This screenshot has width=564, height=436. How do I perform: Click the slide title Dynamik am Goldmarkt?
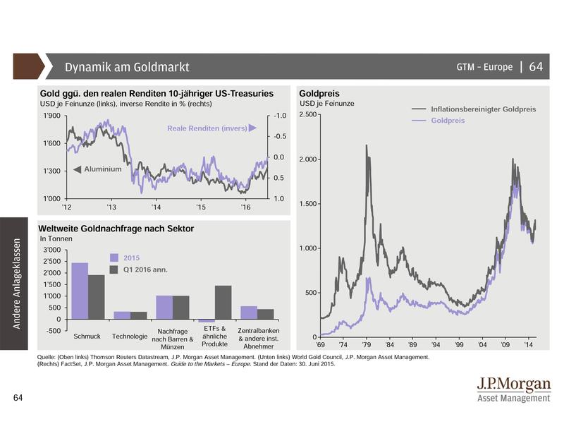point(127,68)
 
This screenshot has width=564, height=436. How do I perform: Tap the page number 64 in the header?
point(536,67)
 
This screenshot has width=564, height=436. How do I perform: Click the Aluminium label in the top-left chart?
point(103,169)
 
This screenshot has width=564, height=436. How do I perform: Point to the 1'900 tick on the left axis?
point(53,116)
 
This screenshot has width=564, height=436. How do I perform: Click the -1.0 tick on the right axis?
point(279,116)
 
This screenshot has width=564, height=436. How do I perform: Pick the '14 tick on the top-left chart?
point(156,208)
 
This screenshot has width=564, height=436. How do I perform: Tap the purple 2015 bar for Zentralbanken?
point(249,312)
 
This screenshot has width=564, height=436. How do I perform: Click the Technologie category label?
point(130,335)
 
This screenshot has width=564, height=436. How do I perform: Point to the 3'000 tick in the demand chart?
point(51,250)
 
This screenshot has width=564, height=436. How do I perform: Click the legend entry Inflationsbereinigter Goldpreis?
point(483,109)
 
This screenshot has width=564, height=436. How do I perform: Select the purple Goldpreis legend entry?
point(448,121)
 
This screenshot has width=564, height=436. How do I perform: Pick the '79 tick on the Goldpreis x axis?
point(367,346)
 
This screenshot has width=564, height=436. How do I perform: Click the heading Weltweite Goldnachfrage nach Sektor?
point(116,229)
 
